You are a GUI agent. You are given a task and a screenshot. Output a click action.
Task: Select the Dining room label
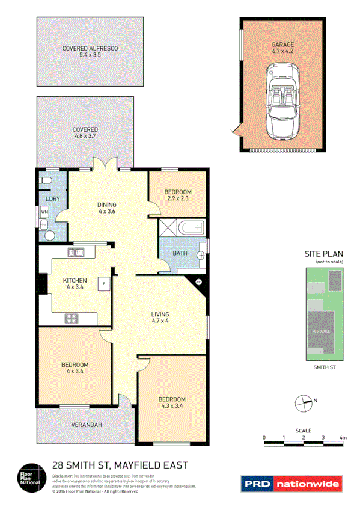[x=107, y=208]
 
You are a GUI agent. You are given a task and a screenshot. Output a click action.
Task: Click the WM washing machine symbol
[x=44, y=212]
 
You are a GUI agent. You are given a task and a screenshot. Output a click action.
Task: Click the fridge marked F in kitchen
[x=104, y=283]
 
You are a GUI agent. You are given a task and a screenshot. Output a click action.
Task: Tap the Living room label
[x=160, y=318]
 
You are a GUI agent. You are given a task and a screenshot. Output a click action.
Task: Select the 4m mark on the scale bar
[x=343, y=437]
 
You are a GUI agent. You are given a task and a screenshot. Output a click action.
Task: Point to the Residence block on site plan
[x=321, y=331]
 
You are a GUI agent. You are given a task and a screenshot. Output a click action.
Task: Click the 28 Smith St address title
[x=120, y=465]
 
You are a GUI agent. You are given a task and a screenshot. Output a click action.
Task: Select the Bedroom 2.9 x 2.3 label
[x=178, y=195]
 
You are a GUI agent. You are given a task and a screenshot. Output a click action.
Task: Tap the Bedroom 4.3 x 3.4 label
[x=172, y=402]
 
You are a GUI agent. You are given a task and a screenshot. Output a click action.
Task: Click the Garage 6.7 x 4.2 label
[x=282, y=48]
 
